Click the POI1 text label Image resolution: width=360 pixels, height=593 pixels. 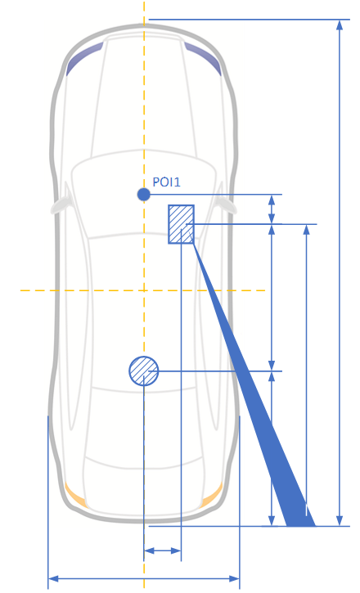click(x=166, y=182)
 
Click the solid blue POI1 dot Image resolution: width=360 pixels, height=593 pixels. click(x=144, y=195)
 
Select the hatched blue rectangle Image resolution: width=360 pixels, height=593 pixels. click(x=181, y=224)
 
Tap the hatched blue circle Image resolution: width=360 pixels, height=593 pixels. click(x=144, y=371)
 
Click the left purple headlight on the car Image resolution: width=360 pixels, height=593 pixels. click(x=84, y=58)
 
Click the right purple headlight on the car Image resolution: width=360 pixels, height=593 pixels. click(x=203, y=58)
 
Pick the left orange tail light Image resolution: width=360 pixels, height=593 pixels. click(x=75, y=495)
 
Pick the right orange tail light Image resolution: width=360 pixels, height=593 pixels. click(x=213, y=495)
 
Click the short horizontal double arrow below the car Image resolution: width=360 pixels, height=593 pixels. click(x=163, y=550)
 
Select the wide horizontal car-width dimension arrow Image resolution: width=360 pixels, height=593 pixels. click(x=144, y=578)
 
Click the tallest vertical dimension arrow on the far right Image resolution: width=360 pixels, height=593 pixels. click(x=340, y=272)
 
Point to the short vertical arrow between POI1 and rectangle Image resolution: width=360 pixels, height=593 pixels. click(x=272, y=209)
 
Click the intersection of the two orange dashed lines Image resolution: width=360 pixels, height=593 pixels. click(x=144, y=290)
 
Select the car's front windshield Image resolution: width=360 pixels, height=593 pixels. click(x=144, y=196)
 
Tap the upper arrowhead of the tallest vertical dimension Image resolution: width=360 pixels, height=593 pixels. click(x=340, y=25)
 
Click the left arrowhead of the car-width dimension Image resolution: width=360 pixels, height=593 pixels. click(x=53, y=578)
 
